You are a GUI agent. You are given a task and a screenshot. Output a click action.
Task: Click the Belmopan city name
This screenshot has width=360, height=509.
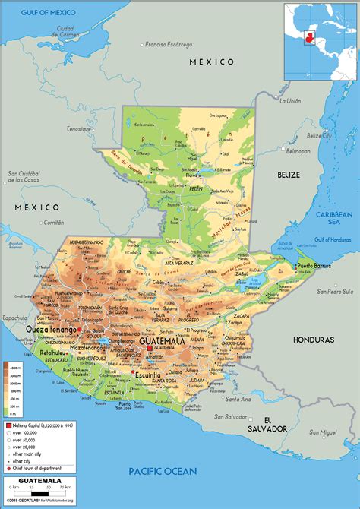(318, 150)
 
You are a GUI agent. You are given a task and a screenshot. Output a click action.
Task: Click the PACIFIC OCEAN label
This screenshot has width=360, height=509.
(163, 471)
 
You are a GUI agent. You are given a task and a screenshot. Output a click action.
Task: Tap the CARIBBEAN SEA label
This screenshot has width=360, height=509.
(336, 220)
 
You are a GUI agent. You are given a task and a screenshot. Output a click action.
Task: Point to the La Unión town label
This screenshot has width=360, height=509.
(290, 101)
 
